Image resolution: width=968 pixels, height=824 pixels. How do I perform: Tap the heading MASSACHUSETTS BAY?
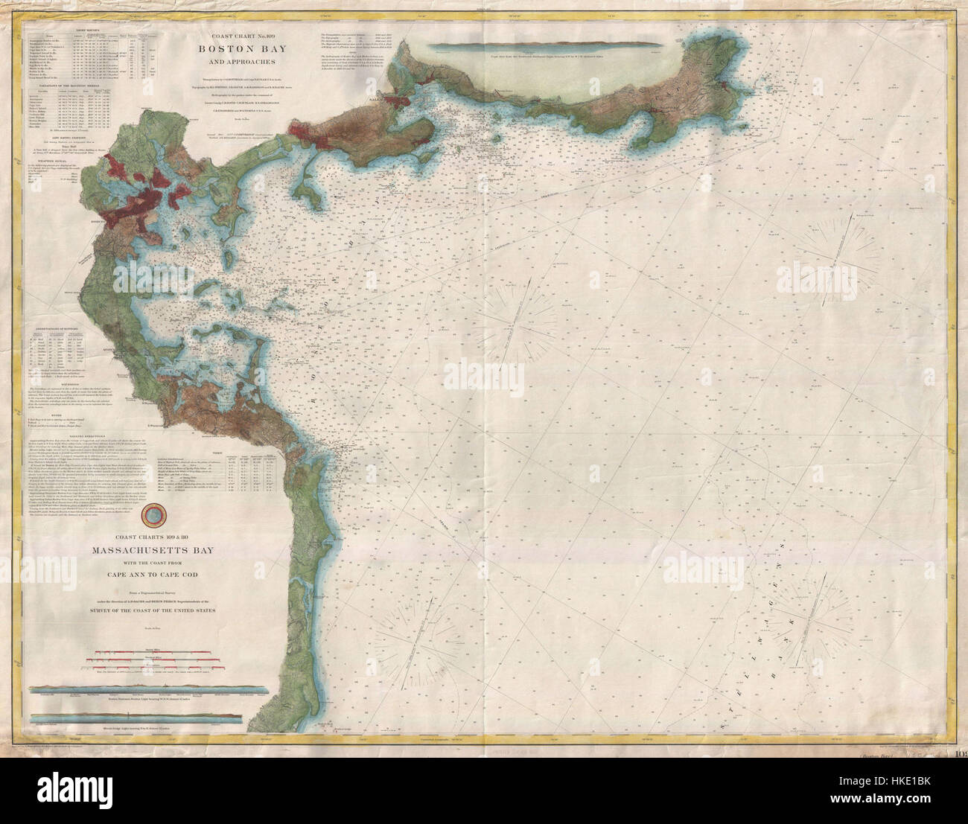click(179, 552)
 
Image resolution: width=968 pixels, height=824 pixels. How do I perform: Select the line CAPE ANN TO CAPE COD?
click(179, 574)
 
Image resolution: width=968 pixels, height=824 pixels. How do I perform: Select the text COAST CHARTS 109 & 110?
click(179, 540)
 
